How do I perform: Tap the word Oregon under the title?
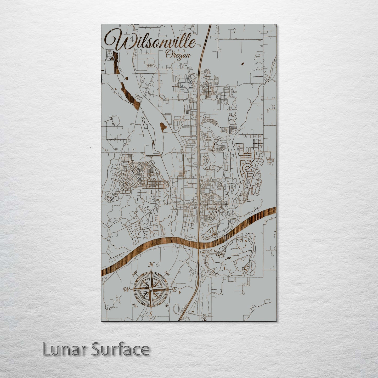[x=178, y=55]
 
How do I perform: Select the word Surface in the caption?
[x=121, y=349]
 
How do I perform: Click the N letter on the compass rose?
[x=151, y=265]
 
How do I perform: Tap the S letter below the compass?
[x=150, y=314]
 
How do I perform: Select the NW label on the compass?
[x=135, y=274]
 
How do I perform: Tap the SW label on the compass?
[x=135, y=305]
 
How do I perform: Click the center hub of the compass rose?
[x=151, y=289]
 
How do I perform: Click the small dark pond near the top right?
[x=242, y=64]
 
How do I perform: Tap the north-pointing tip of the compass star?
[x=151, y=269]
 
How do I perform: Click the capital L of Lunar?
[x=46, y=349]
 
